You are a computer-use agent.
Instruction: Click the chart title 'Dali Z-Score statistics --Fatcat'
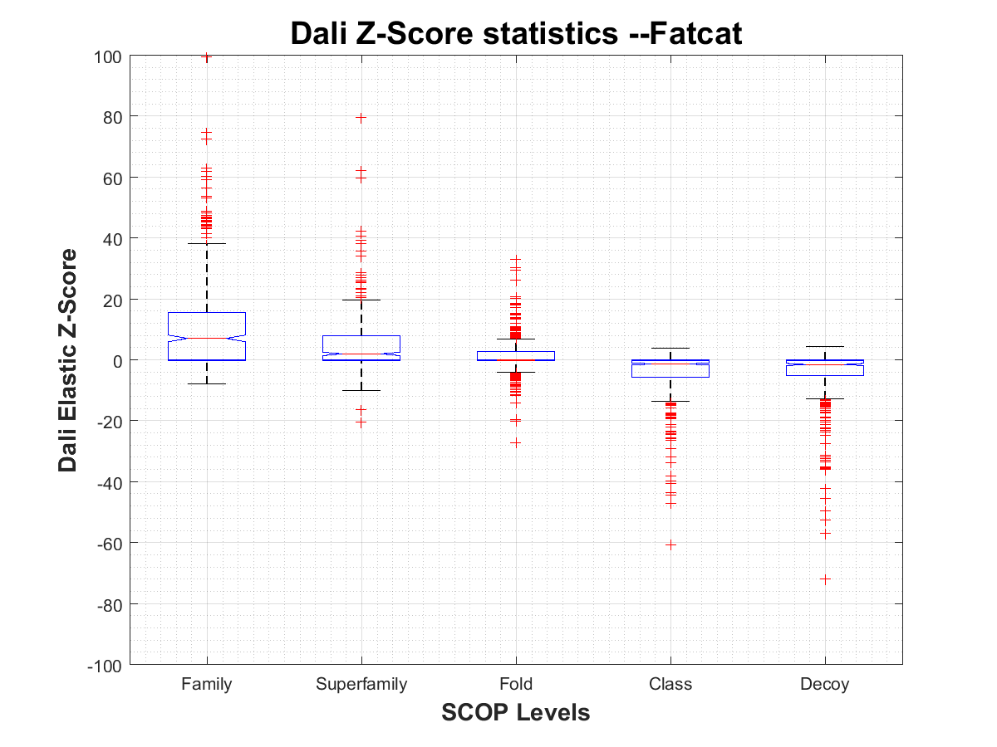point(515,34)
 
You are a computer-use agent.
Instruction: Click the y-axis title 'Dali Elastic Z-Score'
point(68,360)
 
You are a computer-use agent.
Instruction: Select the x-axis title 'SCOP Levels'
point(515,712)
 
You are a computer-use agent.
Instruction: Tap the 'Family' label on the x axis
point(206,685)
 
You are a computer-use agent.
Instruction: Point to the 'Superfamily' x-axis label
point(361,685)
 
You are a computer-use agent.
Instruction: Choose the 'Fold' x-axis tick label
point(516,685)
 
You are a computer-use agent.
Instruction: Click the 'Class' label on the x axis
point(670,685)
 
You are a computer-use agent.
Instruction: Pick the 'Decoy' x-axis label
point(825,685)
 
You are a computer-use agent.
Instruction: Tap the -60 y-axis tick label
point(110,544)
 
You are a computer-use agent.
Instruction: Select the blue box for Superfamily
point(361,348)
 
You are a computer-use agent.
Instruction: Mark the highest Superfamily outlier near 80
point(361,118)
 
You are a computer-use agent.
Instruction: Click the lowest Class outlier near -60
point(670,544)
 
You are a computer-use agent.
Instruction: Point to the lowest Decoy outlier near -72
point(825,579)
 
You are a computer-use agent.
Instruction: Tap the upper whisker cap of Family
point(206,244)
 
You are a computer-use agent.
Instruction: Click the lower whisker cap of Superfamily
point(361,390)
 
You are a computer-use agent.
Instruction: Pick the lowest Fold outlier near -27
point(516,442)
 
